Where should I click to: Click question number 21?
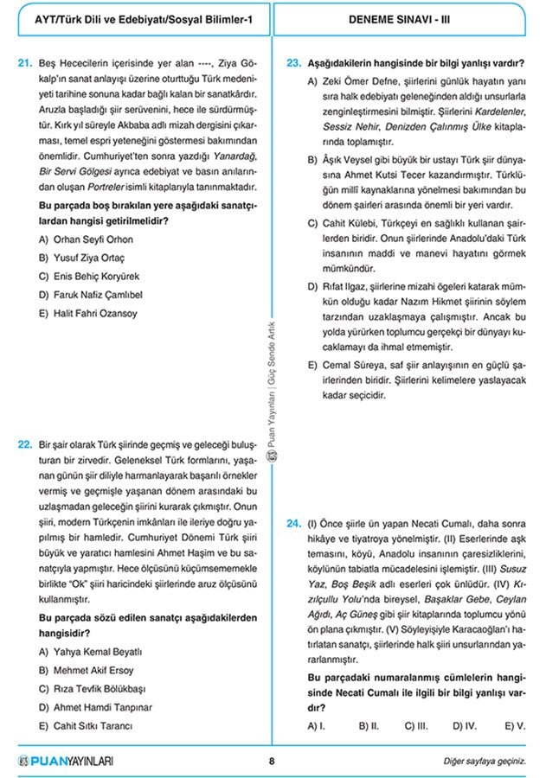pyautogui.click(x=24, y=62)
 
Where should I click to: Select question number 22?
pyautogui.click(x=24, y=444)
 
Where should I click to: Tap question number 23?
pyautogui.click(x=292, y=62)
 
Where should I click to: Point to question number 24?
pyautogui.click(x=292, y=523)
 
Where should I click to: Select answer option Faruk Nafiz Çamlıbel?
pyautogui.click(x=97, y=295)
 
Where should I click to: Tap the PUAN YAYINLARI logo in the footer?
pyautogui.click(x=65, y=762)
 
